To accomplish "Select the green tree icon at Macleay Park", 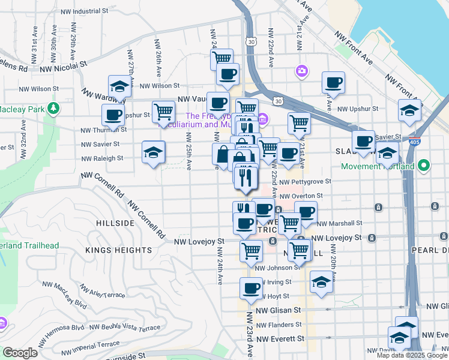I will [55, 108].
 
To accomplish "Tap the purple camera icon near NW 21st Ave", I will [301, 71].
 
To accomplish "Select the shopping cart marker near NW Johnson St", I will [251, 251].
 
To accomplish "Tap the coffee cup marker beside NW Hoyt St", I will [252, 288].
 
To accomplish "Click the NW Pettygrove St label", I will [305, 182].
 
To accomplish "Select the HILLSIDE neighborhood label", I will [115, 223].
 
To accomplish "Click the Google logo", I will [19, 353].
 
